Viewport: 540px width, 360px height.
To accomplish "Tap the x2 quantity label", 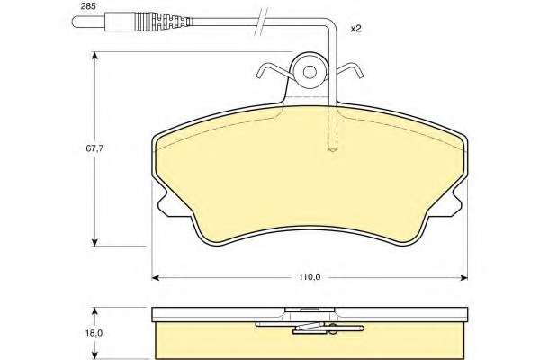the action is coord(355,29).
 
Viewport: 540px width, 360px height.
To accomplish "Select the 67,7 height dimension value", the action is coord(94,148).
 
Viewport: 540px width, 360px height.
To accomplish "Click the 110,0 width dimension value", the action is coord(310,277).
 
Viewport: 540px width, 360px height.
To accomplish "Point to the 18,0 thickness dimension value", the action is coord(94,333).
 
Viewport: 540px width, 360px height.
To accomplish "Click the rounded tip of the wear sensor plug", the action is coord(75,22).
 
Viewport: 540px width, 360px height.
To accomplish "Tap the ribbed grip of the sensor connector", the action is coord(163,22).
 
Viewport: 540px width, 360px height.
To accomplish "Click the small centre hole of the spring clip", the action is coord(310,72).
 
